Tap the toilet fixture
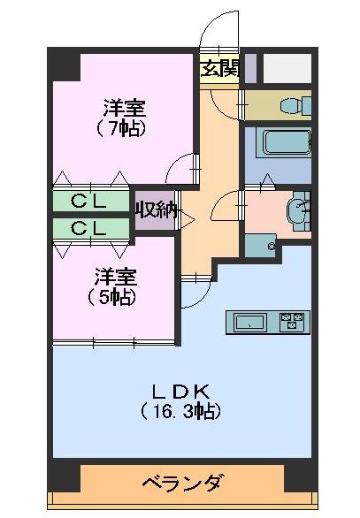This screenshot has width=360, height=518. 291,105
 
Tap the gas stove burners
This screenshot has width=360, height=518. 292,322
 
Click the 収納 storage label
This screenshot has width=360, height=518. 157,210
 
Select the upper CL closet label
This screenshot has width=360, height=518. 89,202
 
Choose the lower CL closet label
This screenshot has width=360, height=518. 89,228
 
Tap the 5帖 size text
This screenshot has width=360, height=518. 112,297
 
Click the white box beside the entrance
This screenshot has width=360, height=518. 287,67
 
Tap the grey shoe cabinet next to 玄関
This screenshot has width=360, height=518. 250,67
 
